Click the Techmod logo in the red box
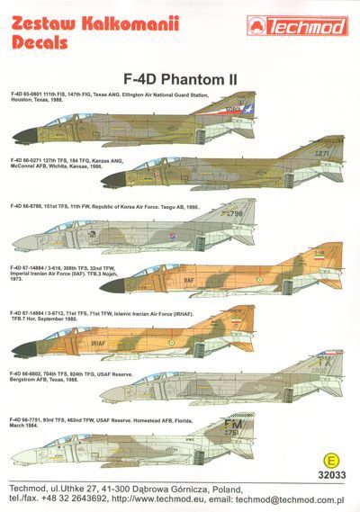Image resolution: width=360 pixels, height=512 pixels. (x=302, y=19)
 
